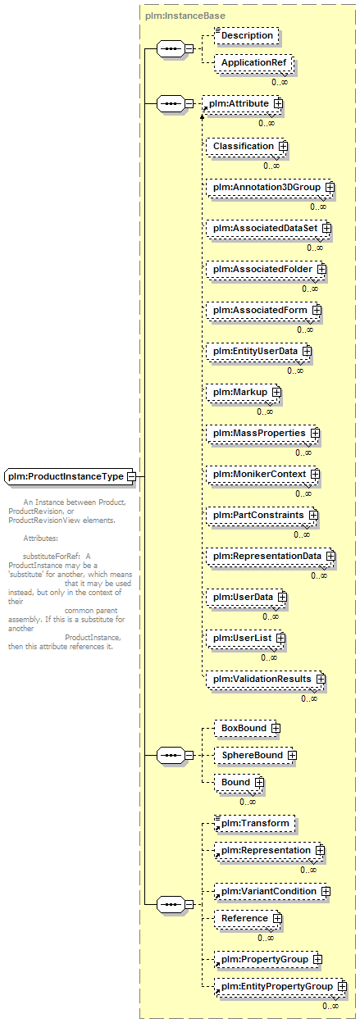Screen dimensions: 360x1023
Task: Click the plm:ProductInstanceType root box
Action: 70,476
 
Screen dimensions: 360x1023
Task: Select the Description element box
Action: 247,35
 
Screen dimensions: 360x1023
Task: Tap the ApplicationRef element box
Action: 253,62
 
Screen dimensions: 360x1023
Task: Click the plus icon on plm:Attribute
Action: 278,103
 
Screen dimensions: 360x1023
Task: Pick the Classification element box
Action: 245,146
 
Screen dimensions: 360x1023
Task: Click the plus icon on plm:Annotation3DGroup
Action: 330,187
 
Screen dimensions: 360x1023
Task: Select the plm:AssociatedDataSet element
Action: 267,229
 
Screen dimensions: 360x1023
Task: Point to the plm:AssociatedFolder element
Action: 265,270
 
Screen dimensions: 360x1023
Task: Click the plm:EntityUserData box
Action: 257,351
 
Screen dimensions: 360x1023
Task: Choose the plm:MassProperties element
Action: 262,433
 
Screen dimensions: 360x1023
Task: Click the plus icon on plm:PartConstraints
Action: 313,515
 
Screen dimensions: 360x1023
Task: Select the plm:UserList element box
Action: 244,638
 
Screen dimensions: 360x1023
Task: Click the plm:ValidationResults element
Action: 265,679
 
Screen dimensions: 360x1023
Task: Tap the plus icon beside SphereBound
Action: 292,756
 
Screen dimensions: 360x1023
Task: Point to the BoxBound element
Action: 246,728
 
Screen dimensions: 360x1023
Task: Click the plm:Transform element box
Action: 255,824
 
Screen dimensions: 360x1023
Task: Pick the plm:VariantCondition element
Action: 271,892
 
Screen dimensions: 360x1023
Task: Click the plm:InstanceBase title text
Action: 185,16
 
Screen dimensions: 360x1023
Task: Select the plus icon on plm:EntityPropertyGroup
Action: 342,986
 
